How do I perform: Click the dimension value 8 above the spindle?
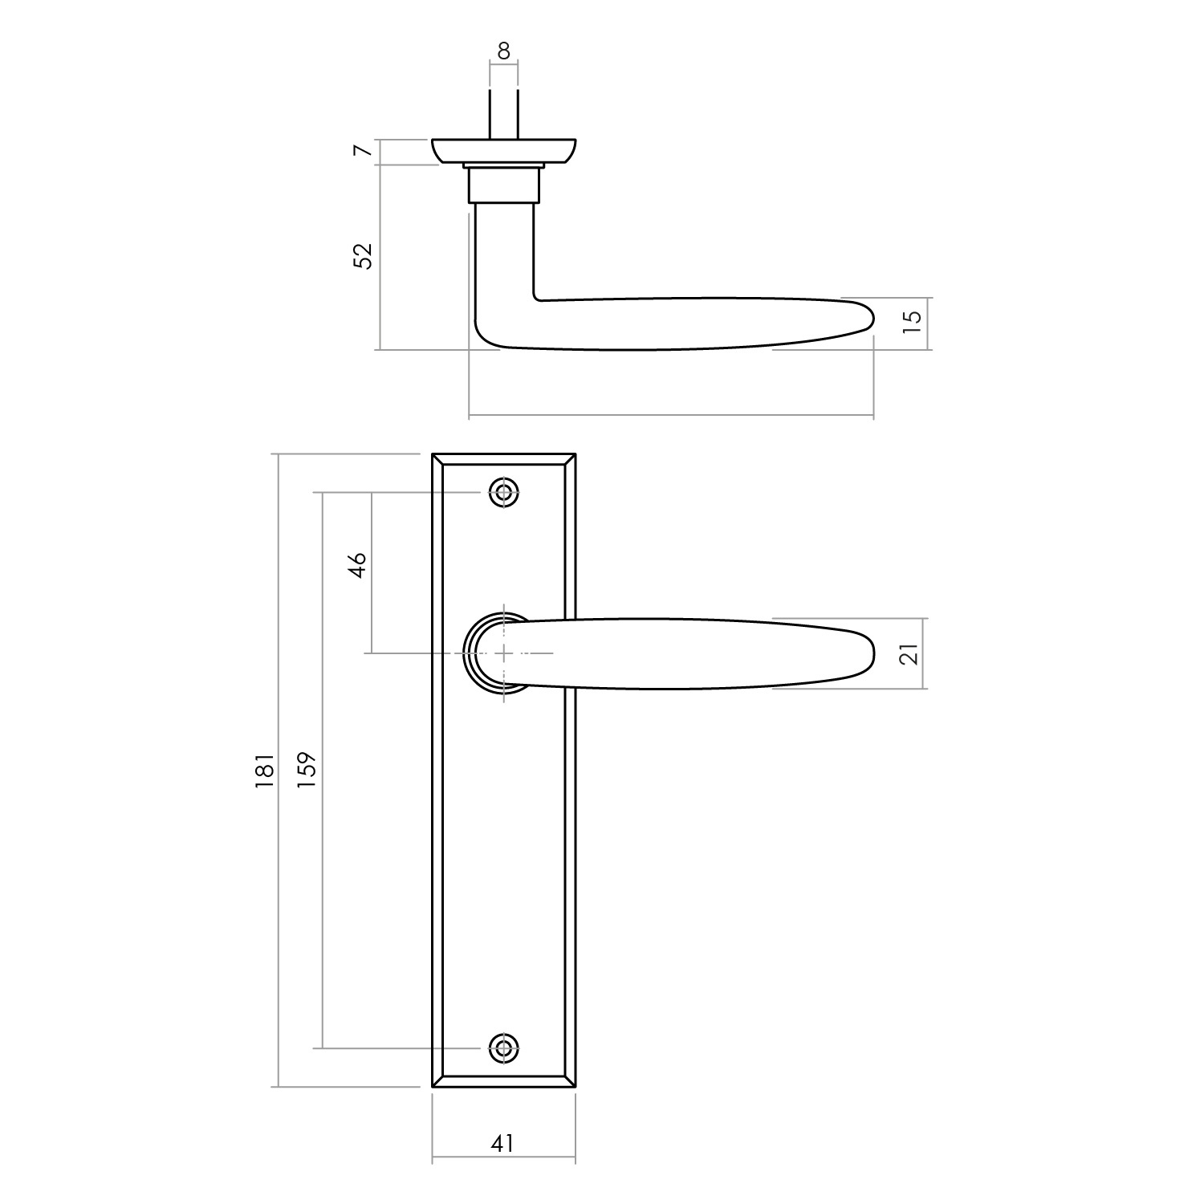tap(503, 51)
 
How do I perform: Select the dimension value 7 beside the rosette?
tap(364, 151)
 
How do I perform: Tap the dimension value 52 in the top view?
tap(364, 255)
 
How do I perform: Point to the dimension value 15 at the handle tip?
tap(913, 321)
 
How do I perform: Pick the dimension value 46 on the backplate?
tap(358, 564)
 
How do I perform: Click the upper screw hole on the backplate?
tap(504, 492)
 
